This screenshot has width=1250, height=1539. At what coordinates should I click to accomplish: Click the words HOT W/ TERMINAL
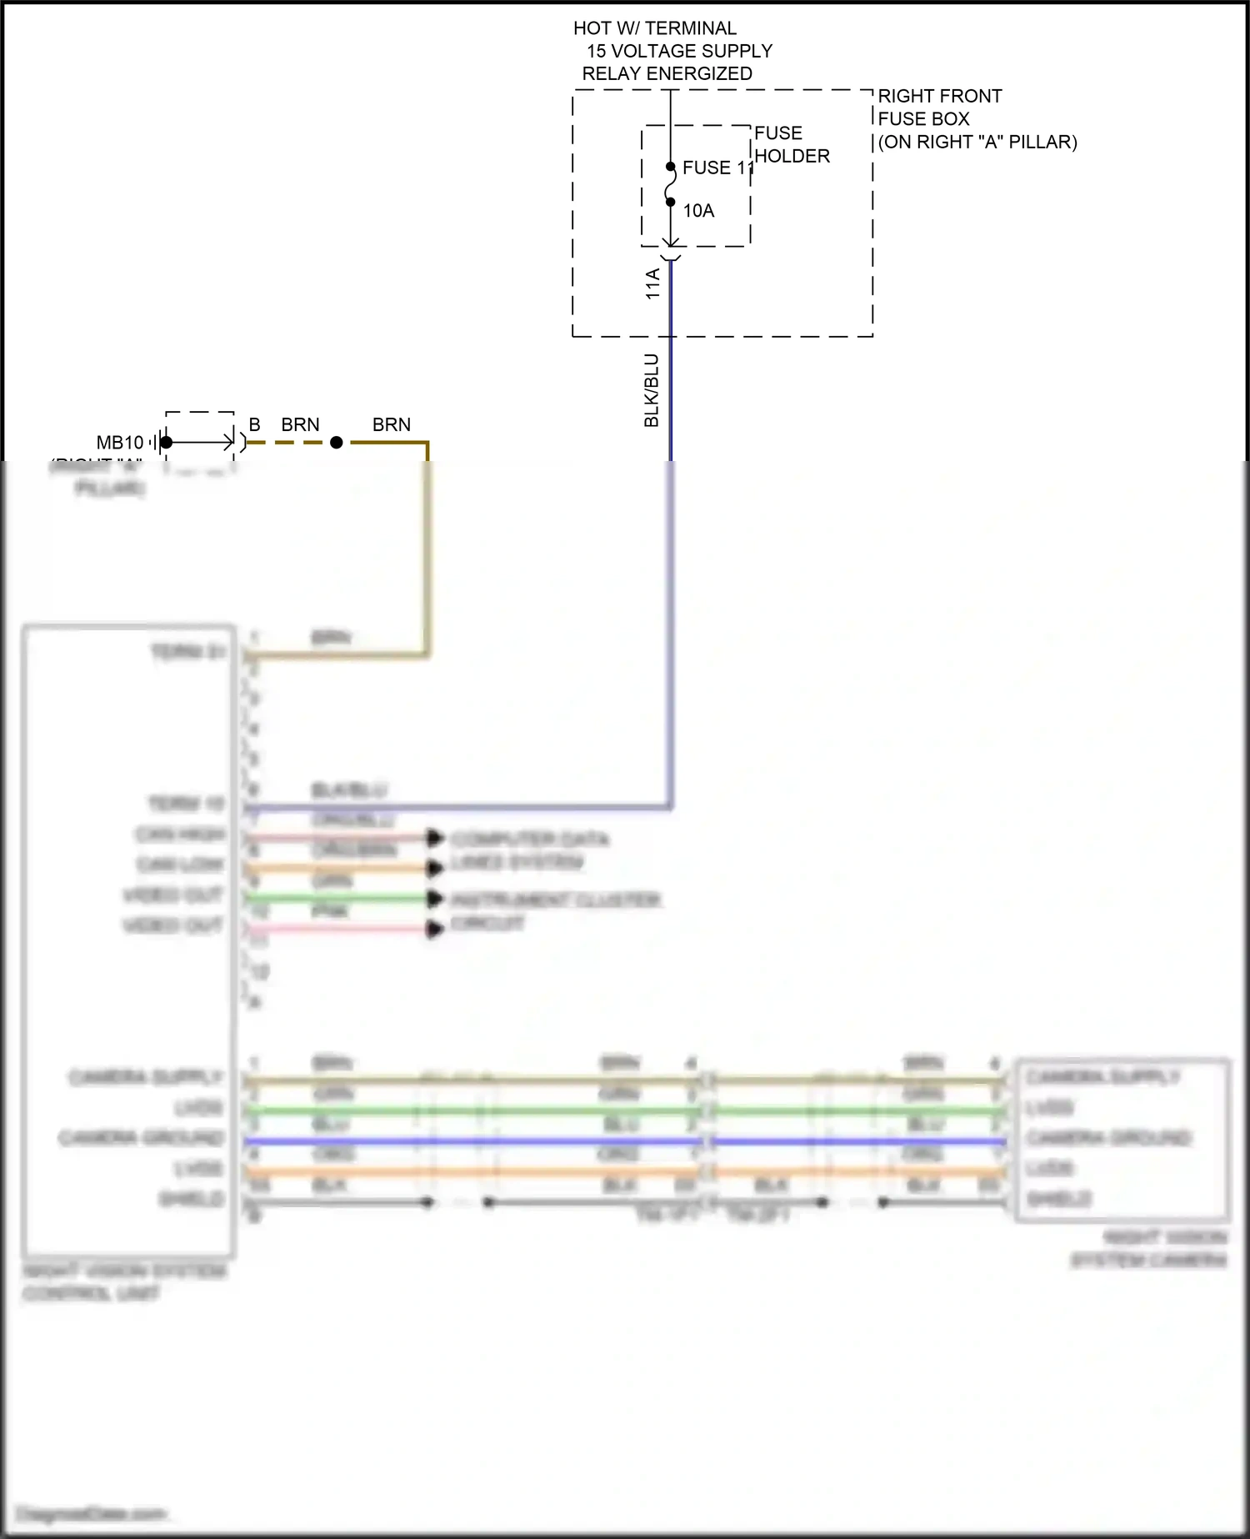(654, 28)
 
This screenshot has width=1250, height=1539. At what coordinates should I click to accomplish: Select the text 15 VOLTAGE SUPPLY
(679, 51)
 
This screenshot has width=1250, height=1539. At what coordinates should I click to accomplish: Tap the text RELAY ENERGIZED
(667, 73)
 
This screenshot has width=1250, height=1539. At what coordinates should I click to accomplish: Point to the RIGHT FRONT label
(939, 96)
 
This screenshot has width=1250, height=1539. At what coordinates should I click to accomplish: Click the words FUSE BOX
(923, 118)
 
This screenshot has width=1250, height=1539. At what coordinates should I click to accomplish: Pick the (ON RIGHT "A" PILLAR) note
(977, 142)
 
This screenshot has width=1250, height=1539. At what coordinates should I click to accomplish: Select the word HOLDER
(792, 156)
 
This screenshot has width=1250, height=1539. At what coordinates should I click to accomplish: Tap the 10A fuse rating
(698, 211)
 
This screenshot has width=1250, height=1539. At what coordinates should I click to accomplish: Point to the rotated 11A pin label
(652, 283)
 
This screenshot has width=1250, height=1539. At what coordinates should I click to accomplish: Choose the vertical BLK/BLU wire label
(652, 390)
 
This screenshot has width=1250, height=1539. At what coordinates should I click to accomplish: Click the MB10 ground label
(120, 443)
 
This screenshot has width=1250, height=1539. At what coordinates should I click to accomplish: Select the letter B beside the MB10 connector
(255, 425)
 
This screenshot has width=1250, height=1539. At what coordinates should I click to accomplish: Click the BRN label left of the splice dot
(300, 425)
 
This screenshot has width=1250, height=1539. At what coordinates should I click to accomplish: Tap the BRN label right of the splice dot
(392, 425)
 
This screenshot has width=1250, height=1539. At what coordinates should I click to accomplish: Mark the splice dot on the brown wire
(337, 443)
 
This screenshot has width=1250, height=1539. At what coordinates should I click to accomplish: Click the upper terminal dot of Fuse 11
(671, 167)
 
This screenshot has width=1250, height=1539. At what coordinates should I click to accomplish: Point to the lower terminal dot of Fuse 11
(671, 202)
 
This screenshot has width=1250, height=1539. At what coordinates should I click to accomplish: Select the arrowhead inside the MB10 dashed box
(227, 443)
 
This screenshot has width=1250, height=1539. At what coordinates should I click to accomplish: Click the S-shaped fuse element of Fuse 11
(671, 184)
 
